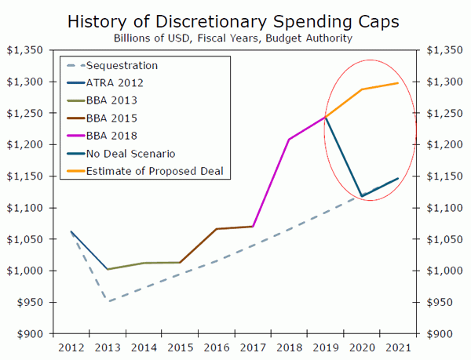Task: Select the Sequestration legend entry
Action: point(122,65)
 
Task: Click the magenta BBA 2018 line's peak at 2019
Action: point(325,117)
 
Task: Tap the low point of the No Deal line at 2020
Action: point(362,196)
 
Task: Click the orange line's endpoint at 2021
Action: point(398,83)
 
